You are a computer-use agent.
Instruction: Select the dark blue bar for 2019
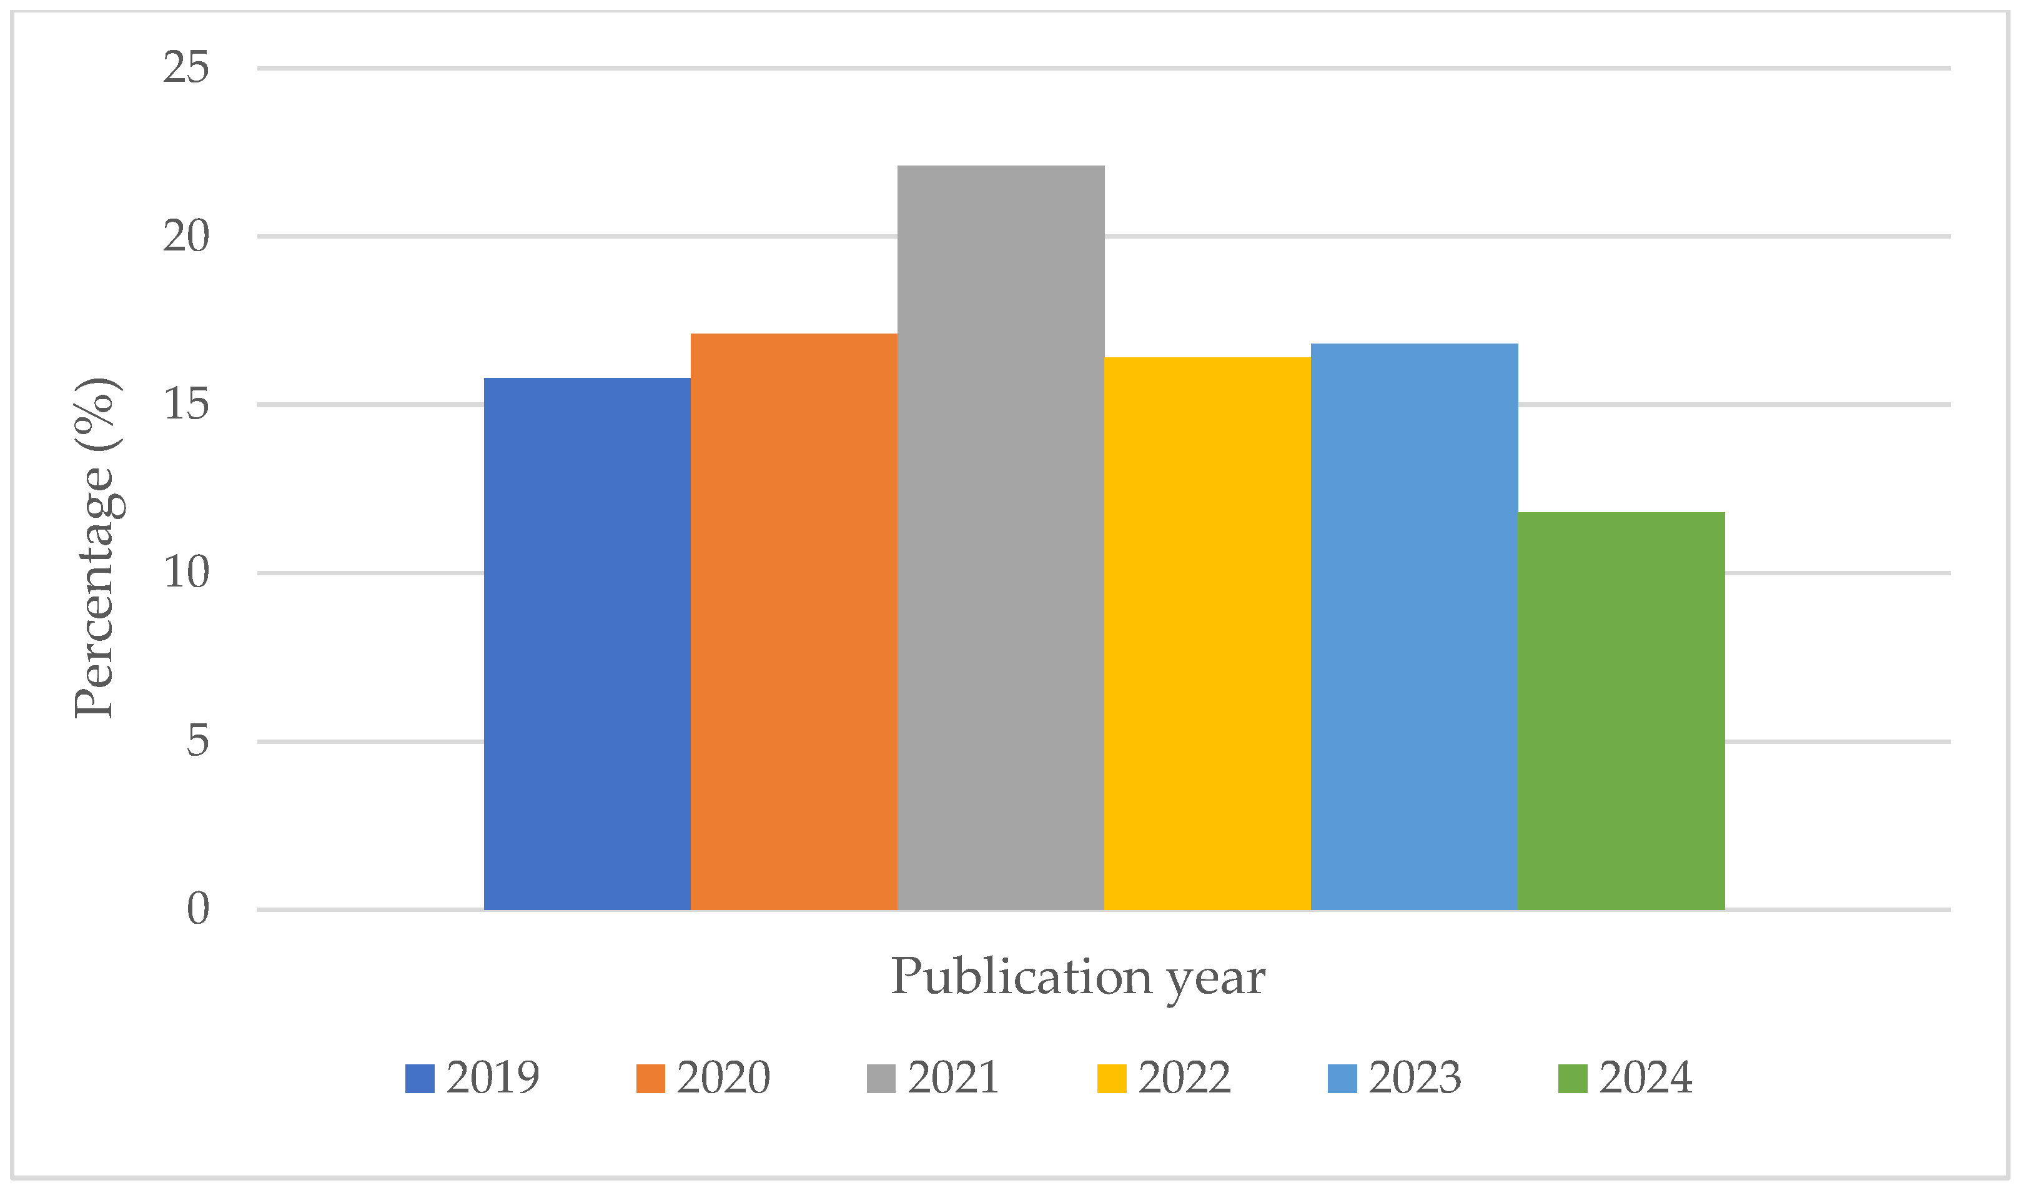pyautogui.click(x=586, y=643)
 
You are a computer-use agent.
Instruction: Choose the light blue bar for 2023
pyautogui.click(x=1414, y=626)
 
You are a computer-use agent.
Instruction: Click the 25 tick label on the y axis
pyautogui.click(x=185, y=67)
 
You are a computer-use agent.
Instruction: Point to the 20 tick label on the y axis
pyautogui.click(x=185, y=236)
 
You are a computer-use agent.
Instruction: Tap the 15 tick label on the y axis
pyautogui.click(x=185, y=404)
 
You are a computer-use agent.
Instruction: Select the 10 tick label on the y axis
pyautogui.click(x=185, y=573)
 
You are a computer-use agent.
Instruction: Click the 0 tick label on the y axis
pyautogui.click(x=197, y=909)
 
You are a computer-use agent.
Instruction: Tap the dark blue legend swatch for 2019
pyautogui.click(x=420, y=1079)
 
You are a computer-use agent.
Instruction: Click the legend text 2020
pyautogui.click(x=723, y=1078)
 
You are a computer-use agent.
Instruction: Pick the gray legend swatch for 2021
pyautogui.click(x=881, y=1079)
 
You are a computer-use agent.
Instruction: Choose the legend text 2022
pyautogui.click(x=1184, y=1078)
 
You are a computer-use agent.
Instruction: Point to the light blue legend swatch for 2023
pyautogui.click(x=1342, y=1079)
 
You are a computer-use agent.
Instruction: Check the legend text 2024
pyautogui.click(x=1645, y=1078)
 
